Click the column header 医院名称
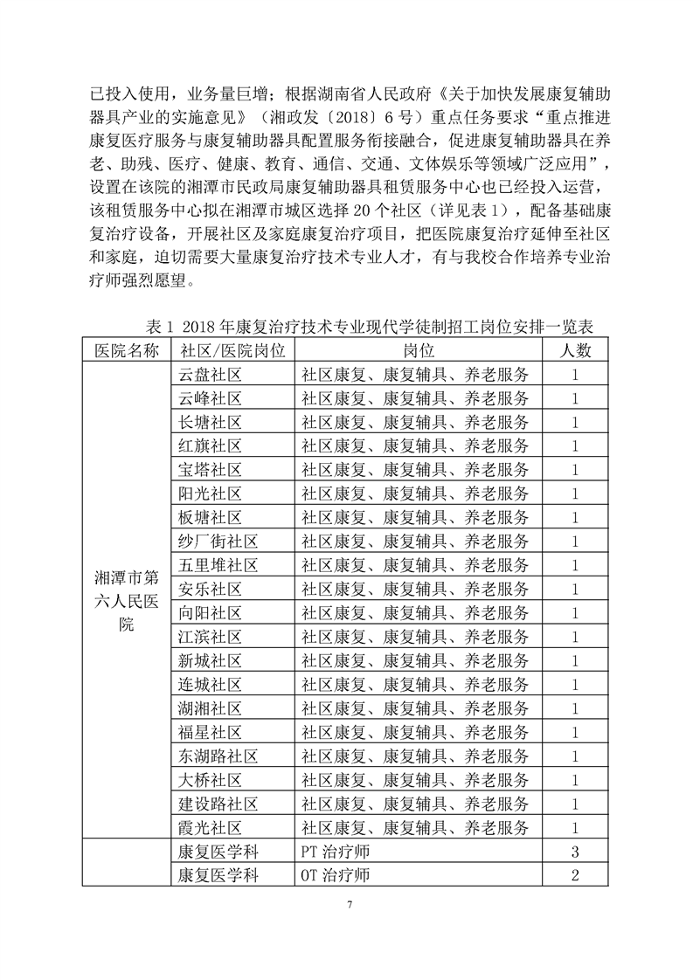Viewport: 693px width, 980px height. point(127,351)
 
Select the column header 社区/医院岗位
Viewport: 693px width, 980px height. point(232,351)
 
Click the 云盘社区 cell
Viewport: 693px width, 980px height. point(210,375)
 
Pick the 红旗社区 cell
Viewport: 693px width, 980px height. point(210,445)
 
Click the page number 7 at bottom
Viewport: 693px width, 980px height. point(348,903)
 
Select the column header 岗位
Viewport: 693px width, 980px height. point(419,351)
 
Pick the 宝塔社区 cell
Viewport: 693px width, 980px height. point(210,470)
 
